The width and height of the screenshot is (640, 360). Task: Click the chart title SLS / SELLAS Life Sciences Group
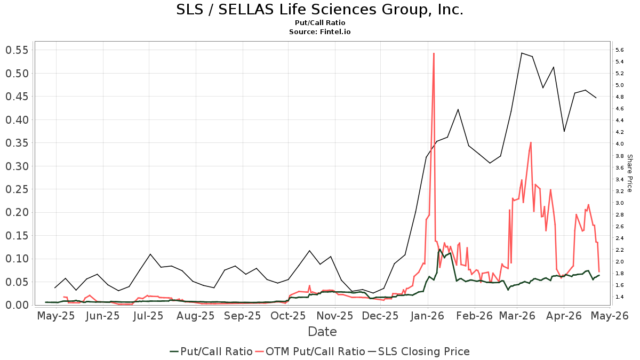319,10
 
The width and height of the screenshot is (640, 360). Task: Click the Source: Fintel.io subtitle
319,31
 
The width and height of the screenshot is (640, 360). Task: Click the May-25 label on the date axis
56,316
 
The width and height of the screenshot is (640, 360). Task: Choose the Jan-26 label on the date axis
428,316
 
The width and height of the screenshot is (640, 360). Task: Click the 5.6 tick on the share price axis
620,50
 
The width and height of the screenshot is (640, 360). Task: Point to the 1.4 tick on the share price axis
620,297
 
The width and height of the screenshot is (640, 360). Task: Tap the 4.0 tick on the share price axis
620,144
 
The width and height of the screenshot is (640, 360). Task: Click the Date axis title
322,332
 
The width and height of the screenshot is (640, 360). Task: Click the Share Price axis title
629,173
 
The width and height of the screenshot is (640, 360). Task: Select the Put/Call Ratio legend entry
211,351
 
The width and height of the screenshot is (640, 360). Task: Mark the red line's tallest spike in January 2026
434,53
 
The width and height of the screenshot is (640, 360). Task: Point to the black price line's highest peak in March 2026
521,53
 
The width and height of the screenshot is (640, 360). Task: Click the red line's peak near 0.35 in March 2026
531,142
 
